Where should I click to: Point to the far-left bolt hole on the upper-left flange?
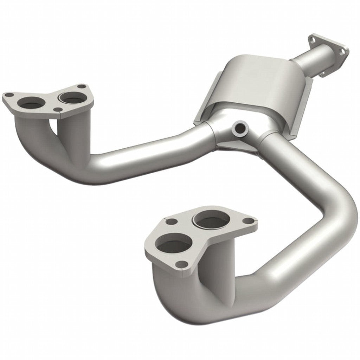tap(9, 95)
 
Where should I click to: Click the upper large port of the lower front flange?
tap(211, 220)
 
